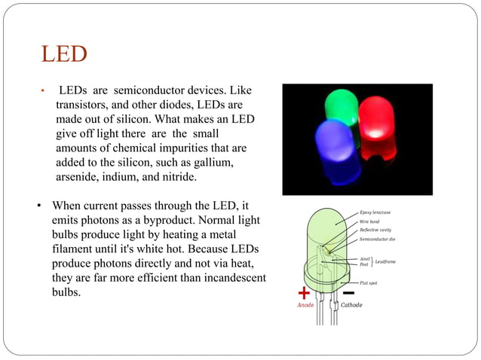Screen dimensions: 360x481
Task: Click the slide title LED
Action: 64,55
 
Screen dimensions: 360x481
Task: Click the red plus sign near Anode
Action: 304,292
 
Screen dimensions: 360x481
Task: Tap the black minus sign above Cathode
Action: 349,292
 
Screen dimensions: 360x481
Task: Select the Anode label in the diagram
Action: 305,306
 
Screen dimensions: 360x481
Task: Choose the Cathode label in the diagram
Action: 351,306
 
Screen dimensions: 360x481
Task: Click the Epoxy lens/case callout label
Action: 375,212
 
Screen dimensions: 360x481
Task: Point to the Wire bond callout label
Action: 370,221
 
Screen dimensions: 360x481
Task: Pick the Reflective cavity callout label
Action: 375,230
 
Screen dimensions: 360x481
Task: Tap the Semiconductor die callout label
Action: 377,239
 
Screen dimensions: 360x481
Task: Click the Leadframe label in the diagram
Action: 388,261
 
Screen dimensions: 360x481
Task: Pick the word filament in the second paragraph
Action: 74,249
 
